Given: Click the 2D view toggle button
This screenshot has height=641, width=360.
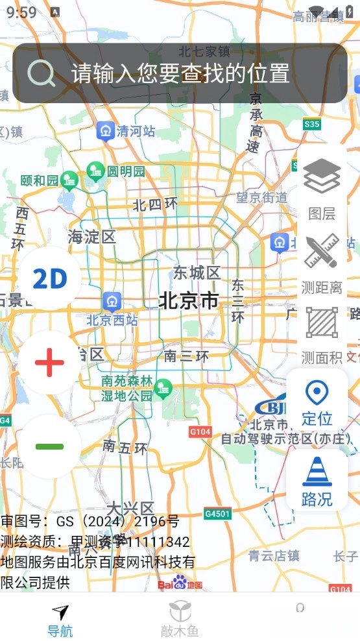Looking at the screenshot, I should pos(50,278).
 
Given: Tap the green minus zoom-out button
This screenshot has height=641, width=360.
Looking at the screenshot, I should pos(50,446).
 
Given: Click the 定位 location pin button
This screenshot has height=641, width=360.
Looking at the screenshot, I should pos(317,402).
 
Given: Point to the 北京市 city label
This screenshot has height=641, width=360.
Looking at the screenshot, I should pos(189,301).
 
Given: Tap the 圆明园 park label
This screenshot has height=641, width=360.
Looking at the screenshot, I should pos(126,171).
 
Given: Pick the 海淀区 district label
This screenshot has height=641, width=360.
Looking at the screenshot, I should pos(91,237).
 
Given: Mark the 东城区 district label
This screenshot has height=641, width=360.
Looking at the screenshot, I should pos(197,272).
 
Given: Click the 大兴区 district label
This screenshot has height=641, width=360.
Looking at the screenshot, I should pos(130,507).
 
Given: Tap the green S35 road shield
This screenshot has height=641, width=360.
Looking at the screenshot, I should pos(312,123).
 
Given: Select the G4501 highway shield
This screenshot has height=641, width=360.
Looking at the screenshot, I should pos(217,514).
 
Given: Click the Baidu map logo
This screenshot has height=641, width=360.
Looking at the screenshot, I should pos(180,583).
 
